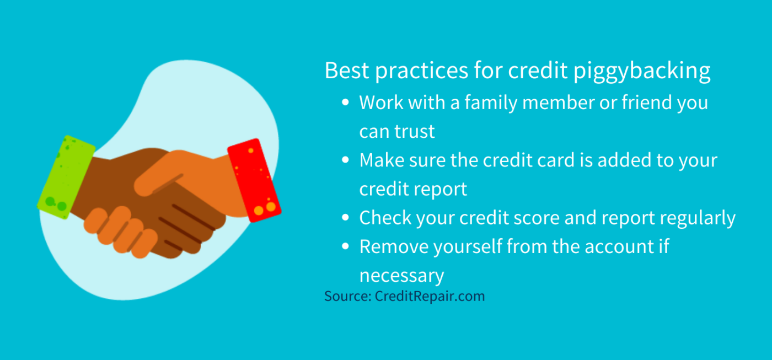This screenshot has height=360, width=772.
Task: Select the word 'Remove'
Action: [393, 246]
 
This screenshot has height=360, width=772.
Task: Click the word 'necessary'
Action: [401, 275]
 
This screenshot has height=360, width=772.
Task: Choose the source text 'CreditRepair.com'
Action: [430, 296]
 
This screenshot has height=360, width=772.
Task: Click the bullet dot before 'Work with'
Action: [346, 103]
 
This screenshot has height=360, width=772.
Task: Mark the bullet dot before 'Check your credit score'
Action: [346, 218]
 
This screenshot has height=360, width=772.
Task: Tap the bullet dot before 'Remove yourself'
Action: [346, 246]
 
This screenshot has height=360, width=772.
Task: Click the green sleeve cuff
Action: [65, 173]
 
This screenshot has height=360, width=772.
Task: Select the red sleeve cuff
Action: [254, 180]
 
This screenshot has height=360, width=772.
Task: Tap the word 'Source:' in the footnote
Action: [347, 296]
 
